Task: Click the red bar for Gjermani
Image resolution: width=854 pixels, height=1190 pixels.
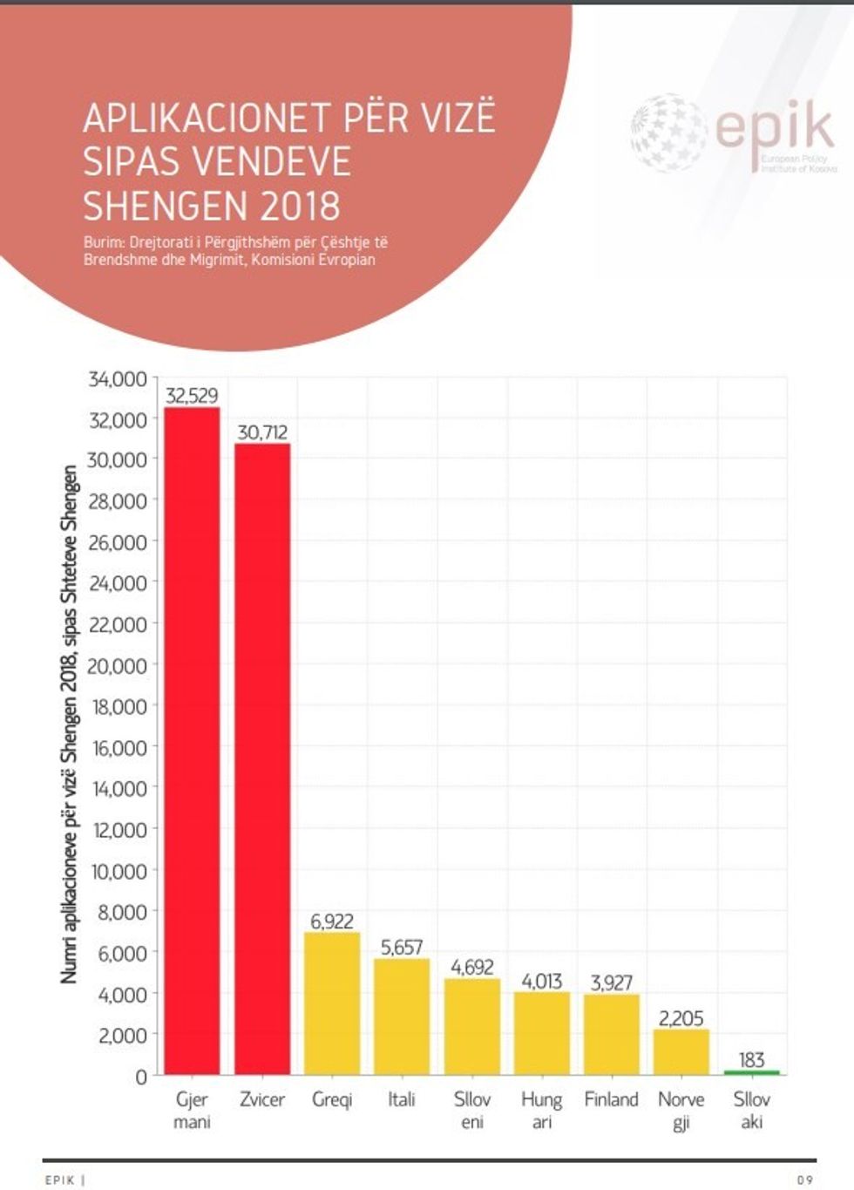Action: click(192, 741)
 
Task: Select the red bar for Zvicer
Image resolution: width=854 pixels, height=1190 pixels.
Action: click(262, 758)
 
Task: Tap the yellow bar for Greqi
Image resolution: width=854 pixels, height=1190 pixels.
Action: click(332, 1003)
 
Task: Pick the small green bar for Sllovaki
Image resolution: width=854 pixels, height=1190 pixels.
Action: click(751, 1072)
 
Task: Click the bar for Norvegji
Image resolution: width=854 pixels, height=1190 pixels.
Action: click(681, 1052)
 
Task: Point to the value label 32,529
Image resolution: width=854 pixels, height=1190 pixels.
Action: click(192, 396)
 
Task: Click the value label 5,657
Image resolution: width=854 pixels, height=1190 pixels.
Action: click(402, 948)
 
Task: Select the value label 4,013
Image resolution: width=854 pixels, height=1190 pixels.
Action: click(542, 982)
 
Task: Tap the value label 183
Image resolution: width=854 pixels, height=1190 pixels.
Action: click(751, 1060)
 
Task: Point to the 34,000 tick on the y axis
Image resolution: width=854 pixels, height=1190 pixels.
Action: click(118, 379)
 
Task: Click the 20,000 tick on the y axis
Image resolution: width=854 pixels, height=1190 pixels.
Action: click(118, 666)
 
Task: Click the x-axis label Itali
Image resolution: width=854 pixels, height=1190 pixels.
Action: click(402, 1100)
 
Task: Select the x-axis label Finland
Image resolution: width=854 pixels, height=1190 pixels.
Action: click(612, 1100)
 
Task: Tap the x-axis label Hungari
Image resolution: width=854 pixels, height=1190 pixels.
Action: click(542, 1111)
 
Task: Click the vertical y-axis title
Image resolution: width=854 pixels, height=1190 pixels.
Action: click(70, 724)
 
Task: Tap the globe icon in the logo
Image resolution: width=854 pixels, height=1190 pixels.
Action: click(668, 133)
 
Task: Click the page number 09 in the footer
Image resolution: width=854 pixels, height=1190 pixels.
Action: click(804, 1180)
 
